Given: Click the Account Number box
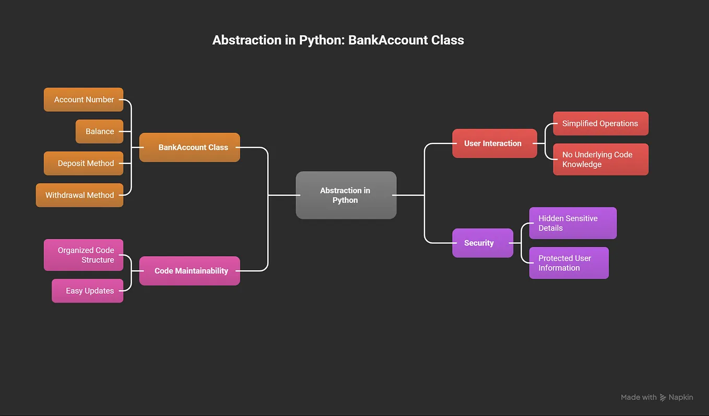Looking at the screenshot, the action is pyautogui.click(x=84, y=99).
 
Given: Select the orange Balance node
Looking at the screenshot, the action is pyautogui.click(x=99, y=132).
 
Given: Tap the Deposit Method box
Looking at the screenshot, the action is pyautogui.click(x=84, y=163).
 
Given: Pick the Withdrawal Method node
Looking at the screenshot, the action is pyautogui.click(x=79, y=195).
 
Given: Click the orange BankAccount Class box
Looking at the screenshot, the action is pyautogui.click(x=190, y=147).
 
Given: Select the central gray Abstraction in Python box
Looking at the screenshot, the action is pyautogui.click(x=346, y=195).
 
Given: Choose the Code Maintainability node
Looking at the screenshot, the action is pyautogui.click(x=190, y=271).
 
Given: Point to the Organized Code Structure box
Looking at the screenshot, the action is pyautogui.click(x=84, y=255).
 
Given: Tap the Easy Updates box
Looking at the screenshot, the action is pyautogui.click(x=87, y=291).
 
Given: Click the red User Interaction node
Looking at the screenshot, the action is pyautogui.click(x=495, y=144).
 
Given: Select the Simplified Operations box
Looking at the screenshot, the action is pyautogui.click(x=601, y=123).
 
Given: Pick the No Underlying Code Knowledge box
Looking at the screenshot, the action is pyautogui.click(x=601, y=159).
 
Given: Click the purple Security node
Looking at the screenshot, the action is pyautogui.click(x=483, y=243).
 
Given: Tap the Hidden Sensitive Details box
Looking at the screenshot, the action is pyautogui.click(x=573, y=223).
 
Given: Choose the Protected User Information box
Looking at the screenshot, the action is pyautogui.click(x=569, y=263).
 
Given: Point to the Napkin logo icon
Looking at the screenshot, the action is pyautogui.click(x=663, y=397).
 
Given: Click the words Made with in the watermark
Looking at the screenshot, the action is pyautogui.click(x=639, y=397).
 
